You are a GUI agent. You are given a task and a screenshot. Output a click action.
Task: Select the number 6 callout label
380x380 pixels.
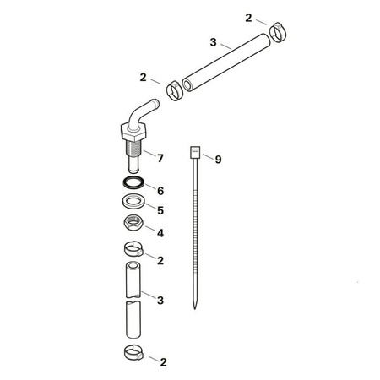tap(160, 191)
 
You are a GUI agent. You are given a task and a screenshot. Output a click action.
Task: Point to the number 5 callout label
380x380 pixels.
tap(160, 210)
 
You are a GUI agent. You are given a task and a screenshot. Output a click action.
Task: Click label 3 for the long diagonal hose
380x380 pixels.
tap(213, 41)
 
